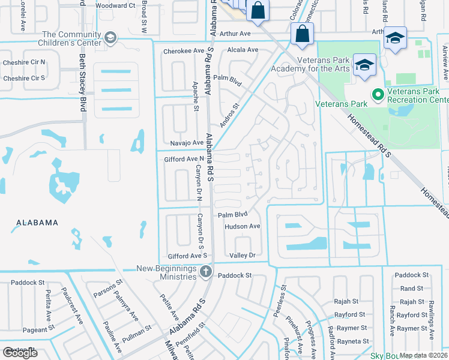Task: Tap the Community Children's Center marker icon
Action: click(110, 39)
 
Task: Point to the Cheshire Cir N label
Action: click(24, 62)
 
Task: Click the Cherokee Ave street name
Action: click(184, 51)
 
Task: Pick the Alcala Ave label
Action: click(242, 50)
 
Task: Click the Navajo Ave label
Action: click(187, 143)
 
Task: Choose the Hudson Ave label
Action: click(242, 226)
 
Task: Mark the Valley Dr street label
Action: click(243, 256)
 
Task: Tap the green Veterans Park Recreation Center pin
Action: click(378, 95)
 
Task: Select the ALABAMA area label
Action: click(34, 223)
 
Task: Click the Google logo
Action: click(20, 352)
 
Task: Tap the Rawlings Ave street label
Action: click(431, 312)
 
